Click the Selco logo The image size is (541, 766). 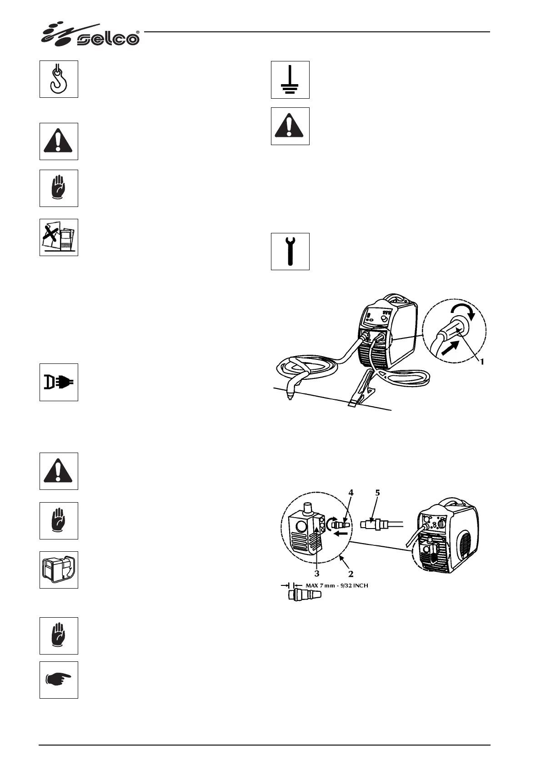pyautogui.click(x=91, y=35)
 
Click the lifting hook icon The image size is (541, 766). pyautogui.click(x=59, y=79)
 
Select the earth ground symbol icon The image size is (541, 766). pyautogui.click(x=290, y=80)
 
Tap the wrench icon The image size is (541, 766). pyautogui.click(x=290, y=252)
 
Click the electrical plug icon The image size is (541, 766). pyautogui.click(x=59, y=382)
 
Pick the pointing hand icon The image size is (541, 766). pyautogui.click(x=59, y=680)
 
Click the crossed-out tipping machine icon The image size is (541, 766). pyautogui.click(x=59, y=237)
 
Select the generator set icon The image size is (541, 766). pyautogui.click(x=59, y=569)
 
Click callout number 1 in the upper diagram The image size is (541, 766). pyautogui.click(x=482, y=362)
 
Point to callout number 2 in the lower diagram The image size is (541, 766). pyautogui.click(x=351, y=574)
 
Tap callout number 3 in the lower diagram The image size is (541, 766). pyautogui.click(x=317, y=574)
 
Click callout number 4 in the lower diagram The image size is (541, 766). pyautogui.click(x=351, y=493)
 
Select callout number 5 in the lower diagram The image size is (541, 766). pyautogui.click(x=377, y=493)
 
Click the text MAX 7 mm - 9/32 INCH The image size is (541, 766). pyautogui.click(x=336, y=585)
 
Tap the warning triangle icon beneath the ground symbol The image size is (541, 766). pyautogui.click(x=290, y=126)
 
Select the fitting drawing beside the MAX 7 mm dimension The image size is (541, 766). pyautogui.click(x=301, y=595)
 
